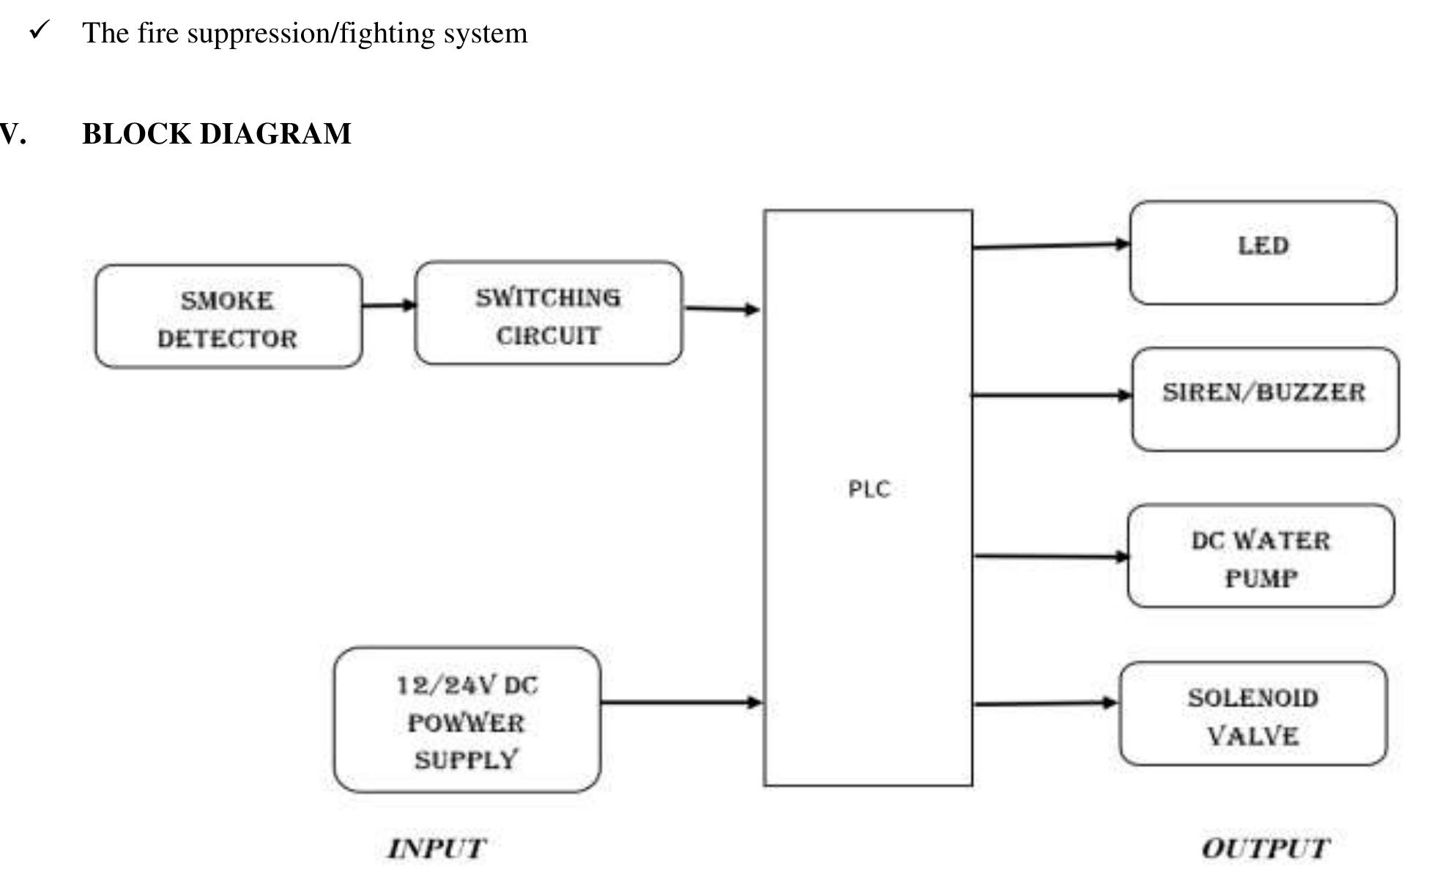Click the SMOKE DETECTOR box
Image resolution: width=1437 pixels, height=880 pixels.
coord(228,317)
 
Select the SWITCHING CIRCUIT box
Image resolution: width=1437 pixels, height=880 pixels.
coord(548,314)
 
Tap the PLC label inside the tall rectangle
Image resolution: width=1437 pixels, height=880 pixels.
coord(869,489)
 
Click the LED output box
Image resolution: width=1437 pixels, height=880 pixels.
coord(1263,253)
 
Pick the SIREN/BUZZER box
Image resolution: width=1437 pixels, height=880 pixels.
coord(1265,399)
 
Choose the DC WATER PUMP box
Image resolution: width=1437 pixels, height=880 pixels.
coord(1260,556)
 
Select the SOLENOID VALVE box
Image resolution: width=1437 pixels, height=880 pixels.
coord(1252,714)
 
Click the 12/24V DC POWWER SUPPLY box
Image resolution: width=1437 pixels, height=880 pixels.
coord(467,720)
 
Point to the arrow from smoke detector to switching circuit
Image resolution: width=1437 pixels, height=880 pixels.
coord(388,305)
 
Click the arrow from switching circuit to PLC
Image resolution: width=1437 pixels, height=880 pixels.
coord(721,308)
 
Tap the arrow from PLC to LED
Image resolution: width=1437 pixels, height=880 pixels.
coord(1050,245)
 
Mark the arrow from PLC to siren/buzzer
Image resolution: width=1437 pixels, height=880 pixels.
coord(1051,395)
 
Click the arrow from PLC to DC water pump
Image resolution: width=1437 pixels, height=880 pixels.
coord(1050,557)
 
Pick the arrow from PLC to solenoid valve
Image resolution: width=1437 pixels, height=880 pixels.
coord(1045,703)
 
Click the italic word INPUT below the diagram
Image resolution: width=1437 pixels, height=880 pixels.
coord(437,848)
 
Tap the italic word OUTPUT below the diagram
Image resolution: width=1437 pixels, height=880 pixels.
coord(1265,848)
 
